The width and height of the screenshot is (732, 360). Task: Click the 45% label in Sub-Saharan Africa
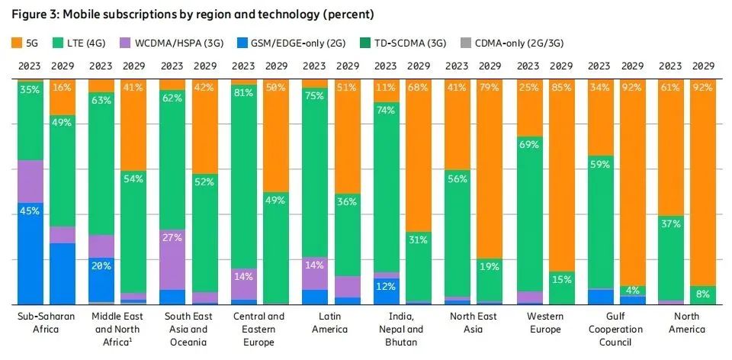[30, 211]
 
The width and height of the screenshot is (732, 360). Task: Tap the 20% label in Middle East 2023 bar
[101, 265]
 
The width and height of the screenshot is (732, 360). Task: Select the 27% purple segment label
[172, 238]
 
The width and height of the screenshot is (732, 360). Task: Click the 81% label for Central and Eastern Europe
[243, 93]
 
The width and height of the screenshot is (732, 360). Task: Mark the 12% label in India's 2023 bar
[385, 286]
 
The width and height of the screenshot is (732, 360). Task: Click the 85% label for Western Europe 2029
[562, 87]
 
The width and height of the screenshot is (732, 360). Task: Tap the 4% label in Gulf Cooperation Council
[633, 291]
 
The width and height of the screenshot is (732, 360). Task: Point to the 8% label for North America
[703, 294]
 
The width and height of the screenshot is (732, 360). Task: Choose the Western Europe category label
[545, 323]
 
